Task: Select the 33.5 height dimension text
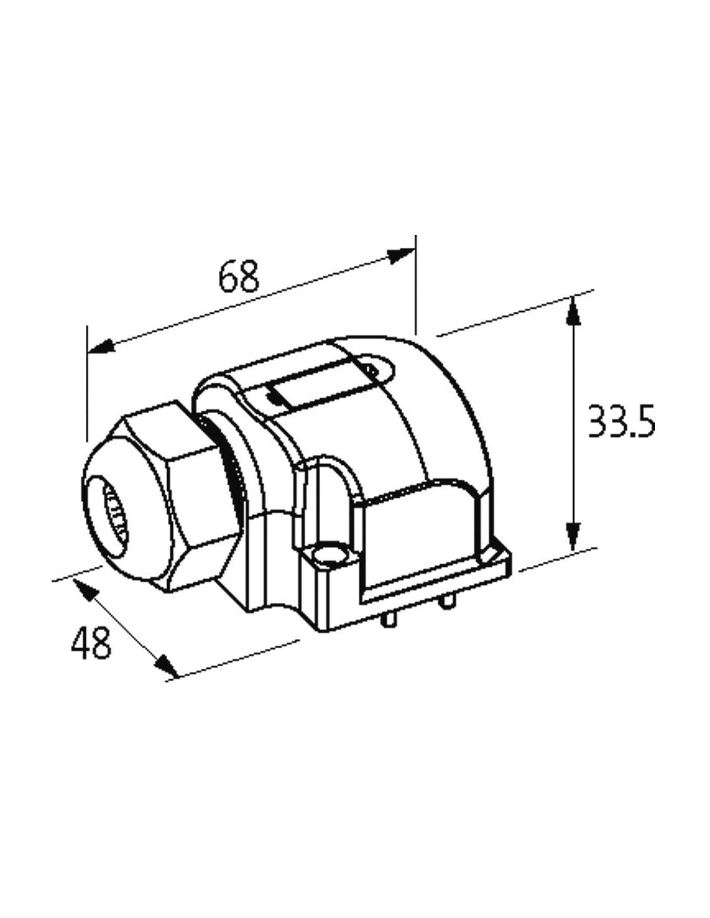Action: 621,422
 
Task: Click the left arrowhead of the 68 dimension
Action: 101,347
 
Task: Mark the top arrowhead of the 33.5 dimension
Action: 573,311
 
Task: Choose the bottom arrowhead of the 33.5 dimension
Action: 573,535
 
